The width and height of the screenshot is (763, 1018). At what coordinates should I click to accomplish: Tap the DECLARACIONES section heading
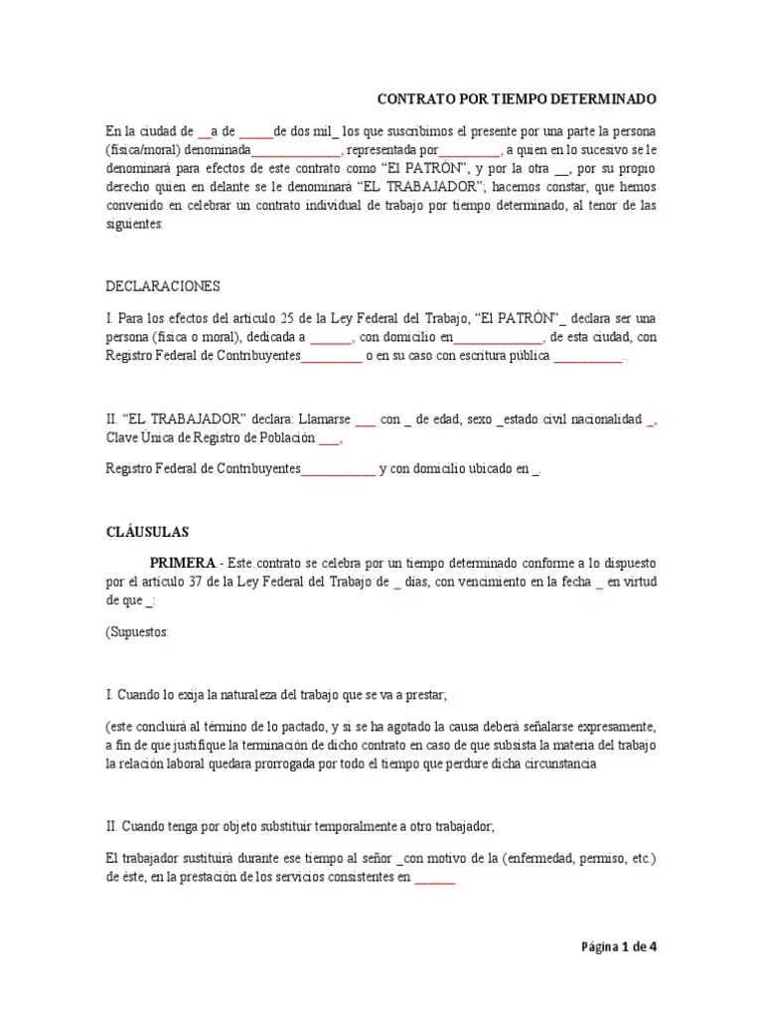[x=162, y=286]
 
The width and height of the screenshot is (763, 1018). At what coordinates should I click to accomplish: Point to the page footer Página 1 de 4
[x=619, y=946]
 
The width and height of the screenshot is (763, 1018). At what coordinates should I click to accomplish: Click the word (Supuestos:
[x=137, y=633]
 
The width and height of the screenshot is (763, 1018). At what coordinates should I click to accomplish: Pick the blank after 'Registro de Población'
[x=330, y=438]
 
